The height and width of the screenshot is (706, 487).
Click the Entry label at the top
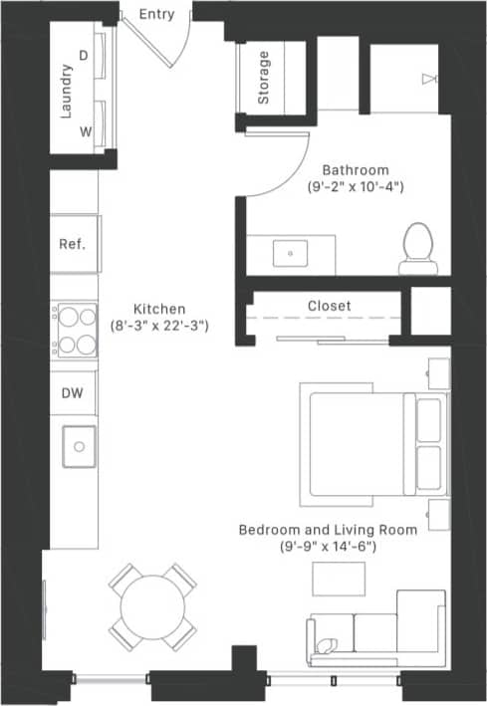point(156,13)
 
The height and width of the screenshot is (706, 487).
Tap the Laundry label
point(66,92)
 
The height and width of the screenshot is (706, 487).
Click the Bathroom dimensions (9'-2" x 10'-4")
point(356,187)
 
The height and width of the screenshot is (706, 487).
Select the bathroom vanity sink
point(291,253)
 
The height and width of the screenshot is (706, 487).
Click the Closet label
point(329,306)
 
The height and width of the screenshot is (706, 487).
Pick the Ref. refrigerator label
point(73,244)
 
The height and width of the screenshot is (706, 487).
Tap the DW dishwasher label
point(73,393)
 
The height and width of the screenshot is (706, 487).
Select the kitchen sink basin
point(77,445)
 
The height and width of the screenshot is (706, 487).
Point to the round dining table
point(152,603)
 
